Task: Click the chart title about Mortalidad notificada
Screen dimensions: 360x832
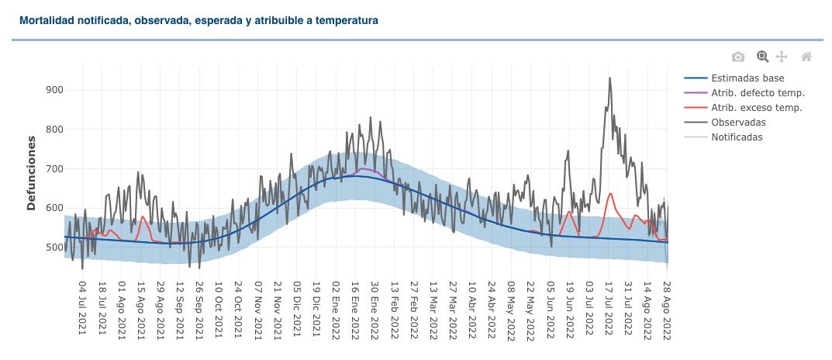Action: pyautogui.click(x=199, y=21)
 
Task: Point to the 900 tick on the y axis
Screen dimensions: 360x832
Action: pyautogui.click(x=54, y=90)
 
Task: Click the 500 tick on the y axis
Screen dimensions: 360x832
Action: pyautogui.click(x=54, y=247)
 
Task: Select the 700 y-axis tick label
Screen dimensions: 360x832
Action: pyautogui.click(x=54, y=169)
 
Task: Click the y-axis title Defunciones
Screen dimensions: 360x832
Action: pyautogui.click(x=32, y=173)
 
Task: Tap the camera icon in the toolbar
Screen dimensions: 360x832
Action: pyautogui.click(x=738, y=57)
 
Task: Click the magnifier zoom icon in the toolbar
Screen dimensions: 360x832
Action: pyautogui.click(x=762, y=57)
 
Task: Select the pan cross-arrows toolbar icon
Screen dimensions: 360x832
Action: pyautogui.click(x=782, y=57)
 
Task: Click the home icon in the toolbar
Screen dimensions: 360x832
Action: pyautogui.click(x=806, y=57)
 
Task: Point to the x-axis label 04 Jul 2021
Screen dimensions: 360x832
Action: pyautogui.click(x=83, y=310)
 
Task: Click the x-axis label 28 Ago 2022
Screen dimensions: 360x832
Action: pyautogui.click(x=667, y=310)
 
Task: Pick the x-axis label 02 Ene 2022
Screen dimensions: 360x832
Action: pyautogui.click(x=336, y=310)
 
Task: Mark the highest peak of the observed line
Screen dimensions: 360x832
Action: pyautogui.click(x=610, y=78)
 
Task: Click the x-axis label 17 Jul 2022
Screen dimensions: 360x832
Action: pyautogui.click(x=609, y=310)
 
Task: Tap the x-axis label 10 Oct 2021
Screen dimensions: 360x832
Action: pyautogui.click(x=219, y=310)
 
